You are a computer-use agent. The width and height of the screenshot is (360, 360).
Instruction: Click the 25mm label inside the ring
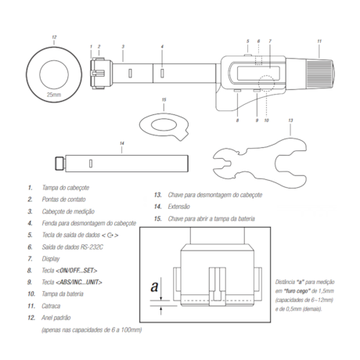point(54,95)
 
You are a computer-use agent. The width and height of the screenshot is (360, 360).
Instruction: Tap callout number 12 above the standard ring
point(54,38)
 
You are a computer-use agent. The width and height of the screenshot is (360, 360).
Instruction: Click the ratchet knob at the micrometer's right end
point(320,74)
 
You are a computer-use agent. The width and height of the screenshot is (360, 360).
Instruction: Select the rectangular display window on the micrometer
point(258,74)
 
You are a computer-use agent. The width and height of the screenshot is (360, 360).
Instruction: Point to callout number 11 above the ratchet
point(319,41)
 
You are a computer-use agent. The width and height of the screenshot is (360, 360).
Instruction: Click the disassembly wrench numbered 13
point(260,162)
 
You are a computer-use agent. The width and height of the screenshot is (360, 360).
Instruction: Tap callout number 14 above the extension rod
point(122,143)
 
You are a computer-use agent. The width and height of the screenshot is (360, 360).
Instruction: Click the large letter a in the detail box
point(154,286)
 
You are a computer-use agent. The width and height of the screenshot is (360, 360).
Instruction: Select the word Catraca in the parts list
point(51,306)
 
